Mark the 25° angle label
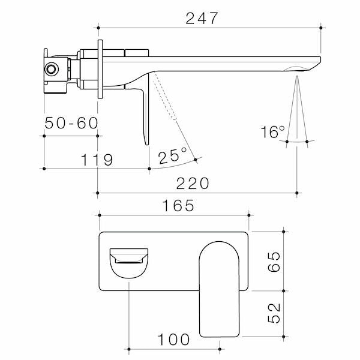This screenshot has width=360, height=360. pyautogui.click(x=173, y=156)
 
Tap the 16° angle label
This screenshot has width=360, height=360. pyautogui.click(x=273, y=132)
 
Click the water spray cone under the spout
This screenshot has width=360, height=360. pyautogui.click(x=297, y=114)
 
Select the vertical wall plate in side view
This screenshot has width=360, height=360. pyautogui.click(x=100, y=68)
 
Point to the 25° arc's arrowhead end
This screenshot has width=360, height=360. pyautogui.click(x=196, y=159)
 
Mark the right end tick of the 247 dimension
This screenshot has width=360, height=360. pyautogui.click(x=322, y=27)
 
